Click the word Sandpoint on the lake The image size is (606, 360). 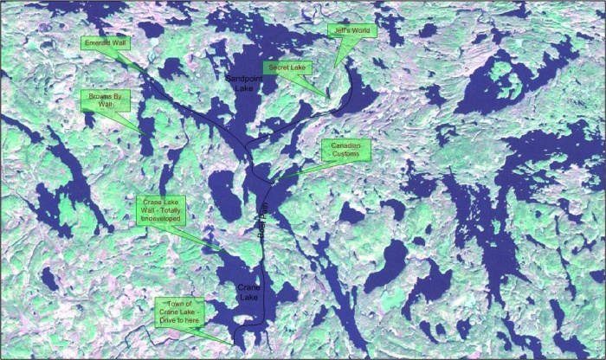click(x=241, y=79)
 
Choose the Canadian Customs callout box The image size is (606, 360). click(x=345, y=150)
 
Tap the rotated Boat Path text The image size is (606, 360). click(x=265, y=219)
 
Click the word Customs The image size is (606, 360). click(x=346, y=156)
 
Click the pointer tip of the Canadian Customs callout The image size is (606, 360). click(x=270, y=180)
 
